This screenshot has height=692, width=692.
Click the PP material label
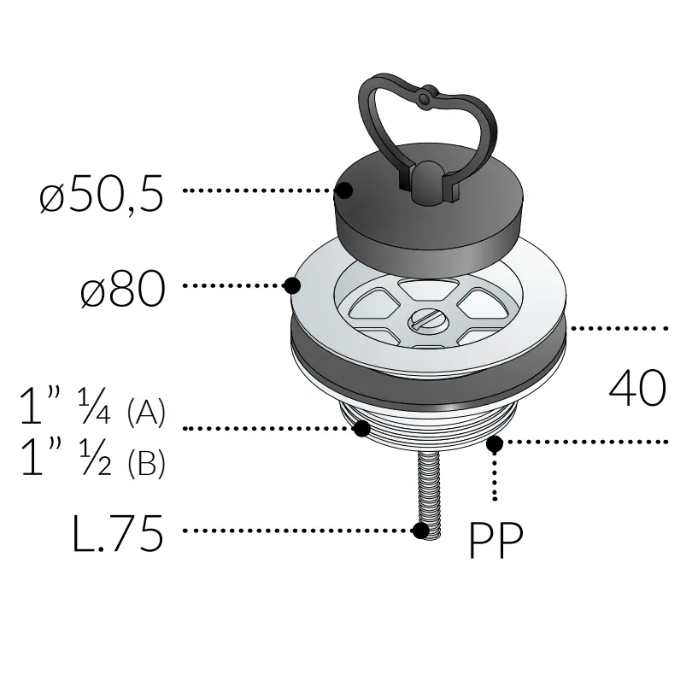point(496,540)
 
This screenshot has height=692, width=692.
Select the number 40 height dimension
point(636,389)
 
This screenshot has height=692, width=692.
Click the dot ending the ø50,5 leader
point(346,191)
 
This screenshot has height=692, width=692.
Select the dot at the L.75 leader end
point(420,531)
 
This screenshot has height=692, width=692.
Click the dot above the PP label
point(494,443)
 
